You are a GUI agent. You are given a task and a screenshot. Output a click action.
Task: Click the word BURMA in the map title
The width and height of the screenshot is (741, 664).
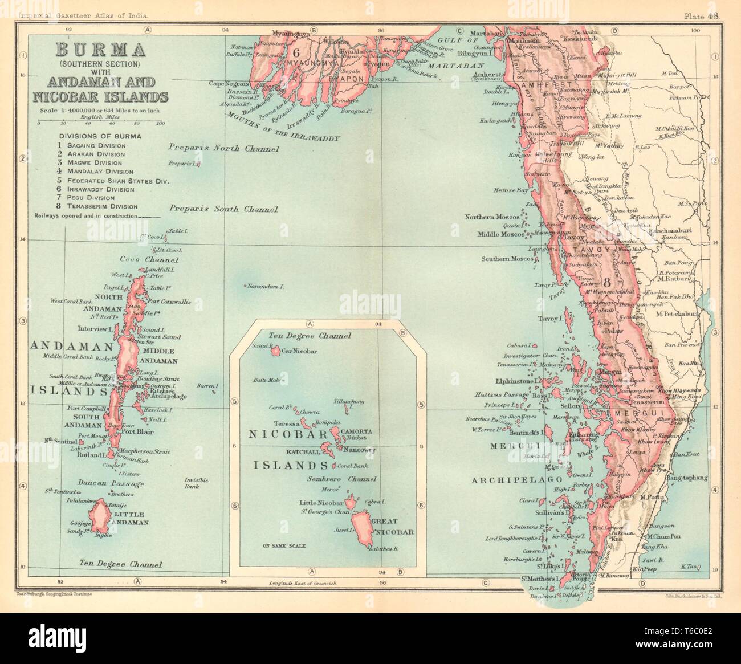(100, 50)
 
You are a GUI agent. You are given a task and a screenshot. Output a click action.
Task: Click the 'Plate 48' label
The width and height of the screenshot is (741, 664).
(705, 16)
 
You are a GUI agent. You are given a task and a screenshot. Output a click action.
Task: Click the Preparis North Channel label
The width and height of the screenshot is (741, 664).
(223, 149)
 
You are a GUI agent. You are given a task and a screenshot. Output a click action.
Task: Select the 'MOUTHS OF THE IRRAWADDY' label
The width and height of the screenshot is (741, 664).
(282, 127)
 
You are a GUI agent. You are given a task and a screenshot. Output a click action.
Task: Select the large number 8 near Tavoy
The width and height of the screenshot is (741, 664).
(608, 282)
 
